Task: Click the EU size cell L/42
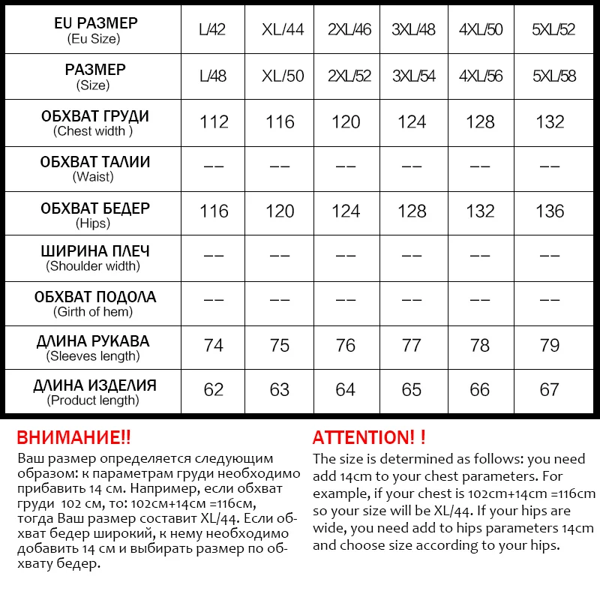click(213, 31)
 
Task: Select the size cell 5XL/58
click(553, 76)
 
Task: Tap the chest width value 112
click(214, 121)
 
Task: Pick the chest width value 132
click(550, 121)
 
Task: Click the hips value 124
click(346, 211)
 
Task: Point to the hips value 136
click(550, 211)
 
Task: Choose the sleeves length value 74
click(214, 345)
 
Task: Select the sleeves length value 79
click(550, 345)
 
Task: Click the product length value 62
click(214, 390)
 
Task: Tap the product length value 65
click(412, 390)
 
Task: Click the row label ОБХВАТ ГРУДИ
click(94, 116)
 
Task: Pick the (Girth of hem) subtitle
click(93, 312)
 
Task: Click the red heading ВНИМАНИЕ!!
click(73, 438)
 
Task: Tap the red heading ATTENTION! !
click(369, 438)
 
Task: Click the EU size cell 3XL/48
click(413, 31)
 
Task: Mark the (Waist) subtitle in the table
click(93, 177)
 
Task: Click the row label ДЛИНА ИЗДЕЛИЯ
click(94, 386)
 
